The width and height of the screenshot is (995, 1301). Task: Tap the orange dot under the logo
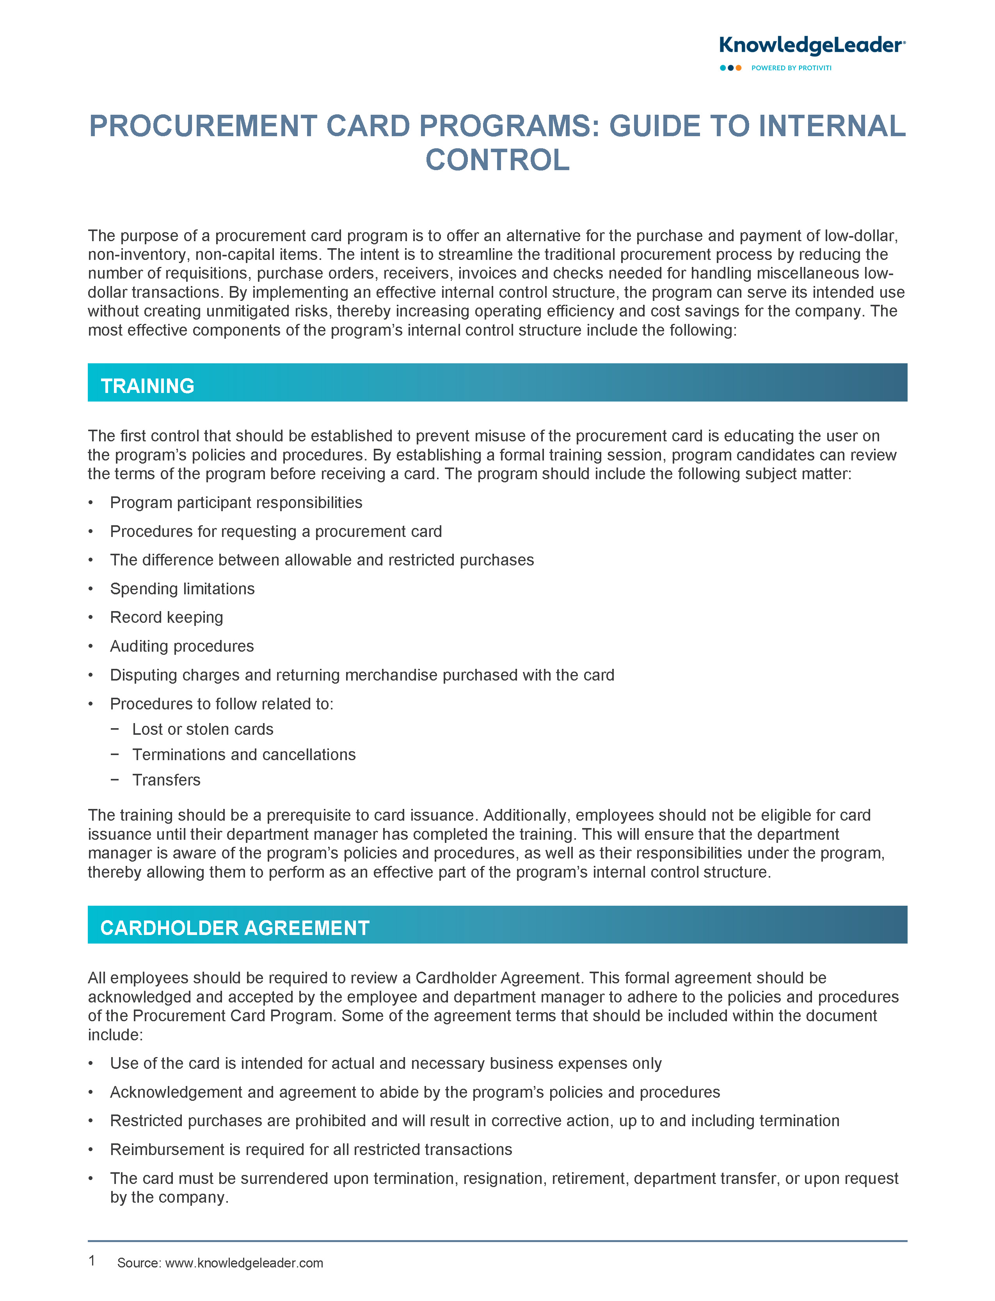pyautogui.click(x=739, y=68)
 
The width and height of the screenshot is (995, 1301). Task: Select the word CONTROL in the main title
pyautogui.click(x=497, y=160)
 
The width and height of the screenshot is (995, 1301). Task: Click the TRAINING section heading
pyautogui.click(x=147, y=386)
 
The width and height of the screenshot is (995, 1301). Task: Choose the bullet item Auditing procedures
pyautogui.click(x=182, y=646)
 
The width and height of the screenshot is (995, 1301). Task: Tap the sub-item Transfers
pyautogui.click(x=167, y=780)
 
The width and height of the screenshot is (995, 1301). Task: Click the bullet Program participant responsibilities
pyautogui.click(x=236, y=502)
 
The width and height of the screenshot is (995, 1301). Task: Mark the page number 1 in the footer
pyautogui.click(x=92, y=1261)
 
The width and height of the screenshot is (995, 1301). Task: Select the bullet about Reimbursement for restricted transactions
pyautogui.click(x=311, y=1150)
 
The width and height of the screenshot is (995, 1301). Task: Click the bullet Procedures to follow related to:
pyautogui.click(x=222, y=704)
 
